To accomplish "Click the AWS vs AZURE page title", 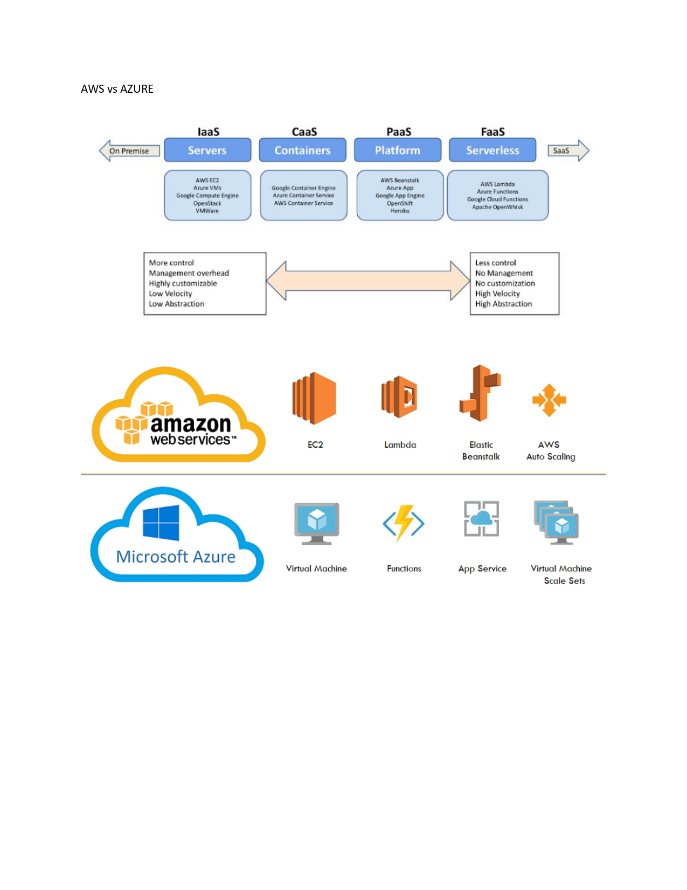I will click(x=117, y=89).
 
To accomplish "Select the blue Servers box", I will click(x=207, y=150).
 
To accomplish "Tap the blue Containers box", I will click(x=302, y=150).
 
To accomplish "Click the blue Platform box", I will click(x=398, y=150).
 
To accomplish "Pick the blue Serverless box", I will click(x=492, y=150).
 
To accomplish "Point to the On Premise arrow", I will click(x=129, y=150).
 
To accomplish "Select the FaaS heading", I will click(x=492, y=132).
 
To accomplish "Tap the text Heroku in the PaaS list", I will click(x=400, y=211).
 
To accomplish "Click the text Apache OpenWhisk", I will click(x=497, y=207).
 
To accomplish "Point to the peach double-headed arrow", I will click(x=368, y=280).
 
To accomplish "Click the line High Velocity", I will click(x=497, y=293).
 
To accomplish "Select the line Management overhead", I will click(x=189, y=273).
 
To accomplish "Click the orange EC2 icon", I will click(x=315, y=398).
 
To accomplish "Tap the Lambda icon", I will click(x=400, y=398).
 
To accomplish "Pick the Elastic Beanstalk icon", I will click(x=480, y=393).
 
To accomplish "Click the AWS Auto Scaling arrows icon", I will click(x=549, y=400).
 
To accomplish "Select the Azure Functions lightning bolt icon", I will click(x=404, y=523).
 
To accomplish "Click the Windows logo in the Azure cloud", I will click(x=161, y=523).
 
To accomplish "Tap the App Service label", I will click(x=482, y=569).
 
